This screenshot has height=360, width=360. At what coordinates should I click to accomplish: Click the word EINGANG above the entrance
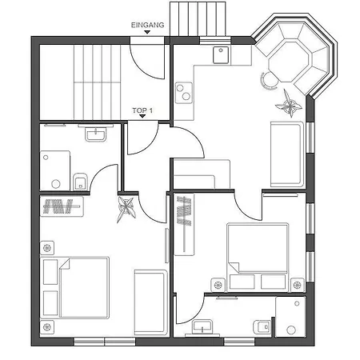[x=147, y=25]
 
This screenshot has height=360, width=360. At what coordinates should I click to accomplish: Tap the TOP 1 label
[x=142, y=110]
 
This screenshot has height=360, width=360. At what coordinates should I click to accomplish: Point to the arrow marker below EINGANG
[x=147, y=32]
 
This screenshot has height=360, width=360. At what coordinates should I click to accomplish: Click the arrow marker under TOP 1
[x=142, y=116]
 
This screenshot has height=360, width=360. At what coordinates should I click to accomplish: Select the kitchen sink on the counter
[x=221, y=55]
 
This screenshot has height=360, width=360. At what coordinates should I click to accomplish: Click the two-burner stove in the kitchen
[x=184, y=93]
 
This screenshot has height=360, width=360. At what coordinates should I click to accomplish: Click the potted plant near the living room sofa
[x=289, y=104]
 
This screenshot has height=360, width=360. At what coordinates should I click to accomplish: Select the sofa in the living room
[x=287, y=154]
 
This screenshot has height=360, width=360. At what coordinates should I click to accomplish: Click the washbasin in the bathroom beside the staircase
[x=95, y=134]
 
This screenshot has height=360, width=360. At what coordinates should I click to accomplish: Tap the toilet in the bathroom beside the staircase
[x=80, y=182]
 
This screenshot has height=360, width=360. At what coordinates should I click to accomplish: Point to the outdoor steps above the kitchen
[x=198, y=18]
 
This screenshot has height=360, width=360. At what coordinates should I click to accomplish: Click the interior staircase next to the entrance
[x=97, y=82]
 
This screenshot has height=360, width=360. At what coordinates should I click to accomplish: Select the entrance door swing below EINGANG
[x=146, y=62]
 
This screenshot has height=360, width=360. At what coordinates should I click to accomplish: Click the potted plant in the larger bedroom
[x=126, y=210]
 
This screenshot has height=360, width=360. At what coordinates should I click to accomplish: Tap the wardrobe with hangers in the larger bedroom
[x=62, y=206]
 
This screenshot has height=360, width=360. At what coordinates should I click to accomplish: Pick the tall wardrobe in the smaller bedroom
[x=184, y=225]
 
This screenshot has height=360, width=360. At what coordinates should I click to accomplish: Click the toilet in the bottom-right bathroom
[x=262, y=326]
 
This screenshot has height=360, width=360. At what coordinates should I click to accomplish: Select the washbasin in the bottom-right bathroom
[x=202, y=327]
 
